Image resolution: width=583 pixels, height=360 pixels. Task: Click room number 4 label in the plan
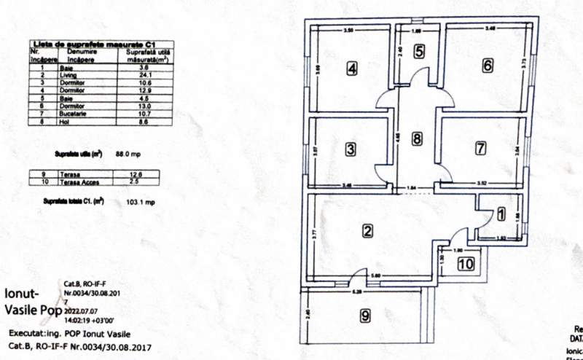coord(352,69)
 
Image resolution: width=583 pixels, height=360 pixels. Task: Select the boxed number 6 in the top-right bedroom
coord(487,65)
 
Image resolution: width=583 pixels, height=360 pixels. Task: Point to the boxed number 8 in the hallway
coord(416,138)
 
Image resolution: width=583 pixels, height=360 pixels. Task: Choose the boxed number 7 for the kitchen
coord(480,148)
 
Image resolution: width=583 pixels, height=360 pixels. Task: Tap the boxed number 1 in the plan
coord(500,214)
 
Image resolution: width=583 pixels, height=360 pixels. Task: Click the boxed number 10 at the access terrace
coord(466,264)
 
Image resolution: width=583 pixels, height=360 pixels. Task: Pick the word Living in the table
coord(69,75)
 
